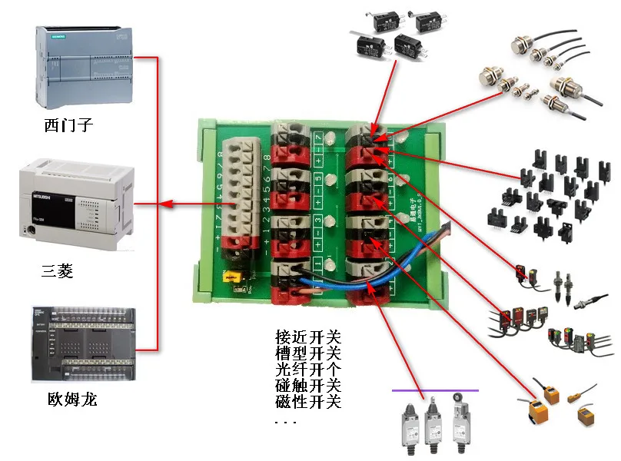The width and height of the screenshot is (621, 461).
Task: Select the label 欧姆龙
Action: coord(71,400)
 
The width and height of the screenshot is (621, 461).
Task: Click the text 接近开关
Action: coord(307,337)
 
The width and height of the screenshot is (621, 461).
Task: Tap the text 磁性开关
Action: coord(307,401)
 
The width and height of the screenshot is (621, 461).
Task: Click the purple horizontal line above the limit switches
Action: coord(435,390)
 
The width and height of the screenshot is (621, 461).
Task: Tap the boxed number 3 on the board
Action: coord(317,224)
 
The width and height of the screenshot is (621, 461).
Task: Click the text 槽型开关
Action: coord(307,353)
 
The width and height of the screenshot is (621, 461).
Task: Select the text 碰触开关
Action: coord(307,385)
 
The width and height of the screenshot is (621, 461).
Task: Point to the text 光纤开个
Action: coord(307,369)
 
